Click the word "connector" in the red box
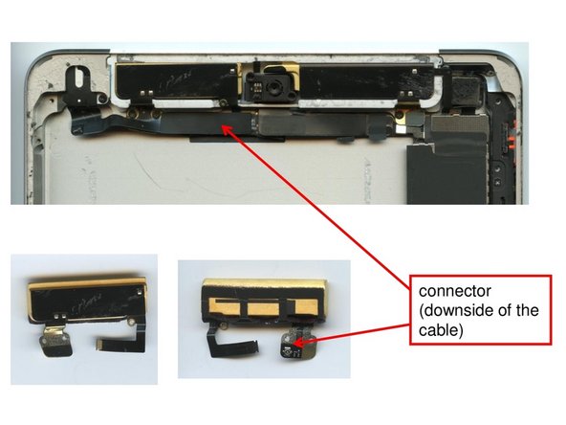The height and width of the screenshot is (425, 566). (443, 289)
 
